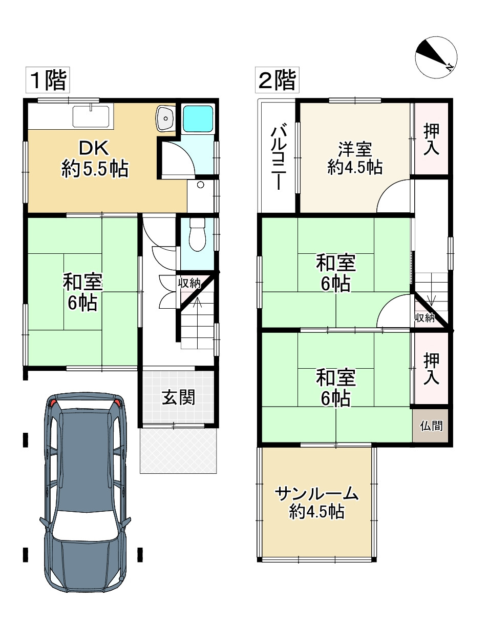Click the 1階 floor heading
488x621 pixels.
coord(48,80)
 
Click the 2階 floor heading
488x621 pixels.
coord(277,80)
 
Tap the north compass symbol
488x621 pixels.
coord(436,57)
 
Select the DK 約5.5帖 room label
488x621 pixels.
coord(95,159)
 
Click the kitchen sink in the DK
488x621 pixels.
coord(91,116)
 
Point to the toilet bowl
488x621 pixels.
coord(198,234)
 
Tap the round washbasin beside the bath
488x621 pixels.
coord(165,118)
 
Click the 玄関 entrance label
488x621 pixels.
coord(178,397)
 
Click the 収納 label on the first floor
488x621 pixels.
coord(189,284)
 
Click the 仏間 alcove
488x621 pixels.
coord(431,426)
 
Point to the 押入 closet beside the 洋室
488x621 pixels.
coord(431,139)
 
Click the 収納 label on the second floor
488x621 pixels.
coord(425,318)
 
